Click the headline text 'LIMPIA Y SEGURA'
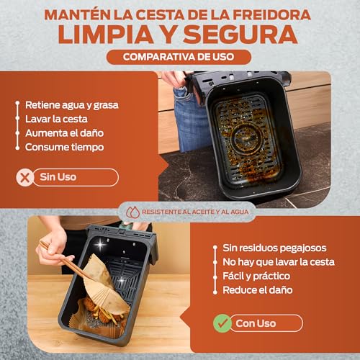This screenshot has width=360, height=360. pyautogui.click(x=180, y=34)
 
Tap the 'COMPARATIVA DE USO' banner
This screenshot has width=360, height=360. pyautogui.click(x=180, y=58)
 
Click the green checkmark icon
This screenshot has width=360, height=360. pyautogui.click(x=222, y=323)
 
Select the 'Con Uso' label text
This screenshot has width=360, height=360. pyautogui.click(x=255, y=323)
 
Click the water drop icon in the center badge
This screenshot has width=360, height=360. pyautogui.click(x=132, y=212)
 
